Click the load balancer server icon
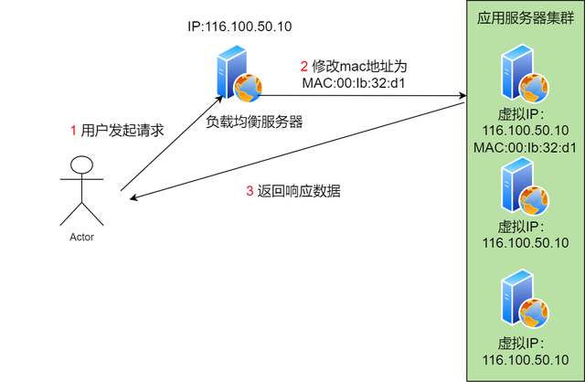tap(236, 79)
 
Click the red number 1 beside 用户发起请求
tap(73, 131)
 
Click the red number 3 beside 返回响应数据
tap(250, 192)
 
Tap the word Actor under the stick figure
tap(82, 237)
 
